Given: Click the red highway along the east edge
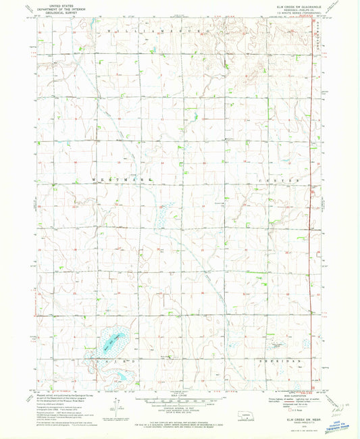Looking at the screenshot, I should [x=314, y=203].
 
